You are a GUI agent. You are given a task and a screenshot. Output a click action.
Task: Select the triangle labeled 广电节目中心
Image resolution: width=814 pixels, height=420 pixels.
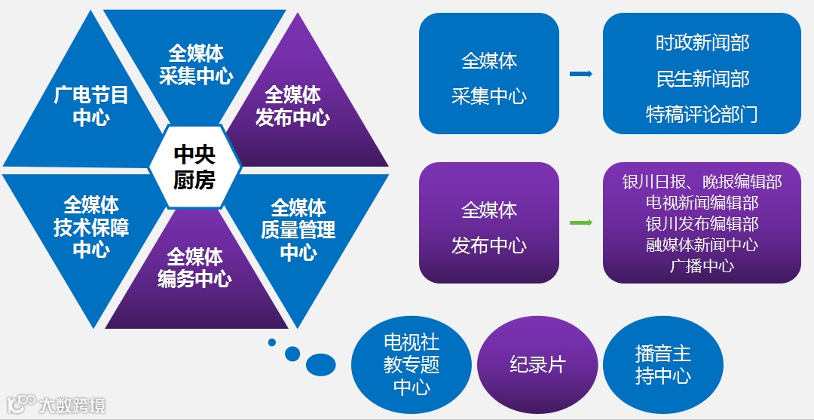[x=90, y=106]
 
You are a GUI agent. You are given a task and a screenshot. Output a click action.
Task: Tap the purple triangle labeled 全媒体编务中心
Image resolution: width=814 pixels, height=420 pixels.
[x=194, y=268]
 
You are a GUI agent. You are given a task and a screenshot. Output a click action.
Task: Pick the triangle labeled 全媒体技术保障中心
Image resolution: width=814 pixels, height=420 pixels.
[x=90, y=227]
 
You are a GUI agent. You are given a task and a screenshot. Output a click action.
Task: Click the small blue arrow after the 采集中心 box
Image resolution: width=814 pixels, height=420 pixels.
[x=580, y=74]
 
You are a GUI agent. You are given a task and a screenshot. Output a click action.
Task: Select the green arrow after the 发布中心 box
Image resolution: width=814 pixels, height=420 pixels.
[x=580, y=223]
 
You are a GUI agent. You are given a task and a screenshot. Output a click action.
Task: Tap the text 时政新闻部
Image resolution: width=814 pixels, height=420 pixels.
[x=702, y=43]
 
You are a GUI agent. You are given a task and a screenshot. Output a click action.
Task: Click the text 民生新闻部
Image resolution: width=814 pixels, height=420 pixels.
[x=702, y=79]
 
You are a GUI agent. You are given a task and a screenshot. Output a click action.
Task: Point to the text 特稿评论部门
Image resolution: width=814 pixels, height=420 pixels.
[x=702, y=115]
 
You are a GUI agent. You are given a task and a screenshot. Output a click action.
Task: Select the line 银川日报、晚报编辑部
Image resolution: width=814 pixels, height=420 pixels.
[x=702, y=182]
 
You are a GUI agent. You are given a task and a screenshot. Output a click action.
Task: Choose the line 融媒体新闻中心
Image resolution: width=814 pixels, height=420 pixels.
[x=702, y=245]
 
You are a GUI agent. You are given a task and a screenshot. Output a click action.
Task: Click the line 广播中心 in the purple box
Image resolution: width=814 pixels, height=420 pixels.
[x=702, y=266]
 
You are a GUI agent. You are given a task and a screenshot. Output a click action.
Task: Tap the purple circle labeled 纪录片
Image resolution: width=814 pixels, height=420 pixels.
[x=537, y=365]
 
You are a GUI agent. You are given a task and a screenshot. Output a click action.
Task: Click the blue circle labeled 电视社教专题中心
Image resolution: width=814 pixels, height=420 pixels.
[x=412, y=365]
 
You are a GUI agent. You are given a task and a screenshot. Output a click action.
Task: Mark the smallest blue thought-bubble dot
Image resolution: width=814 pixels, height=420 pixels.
[x=272, y=344]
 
